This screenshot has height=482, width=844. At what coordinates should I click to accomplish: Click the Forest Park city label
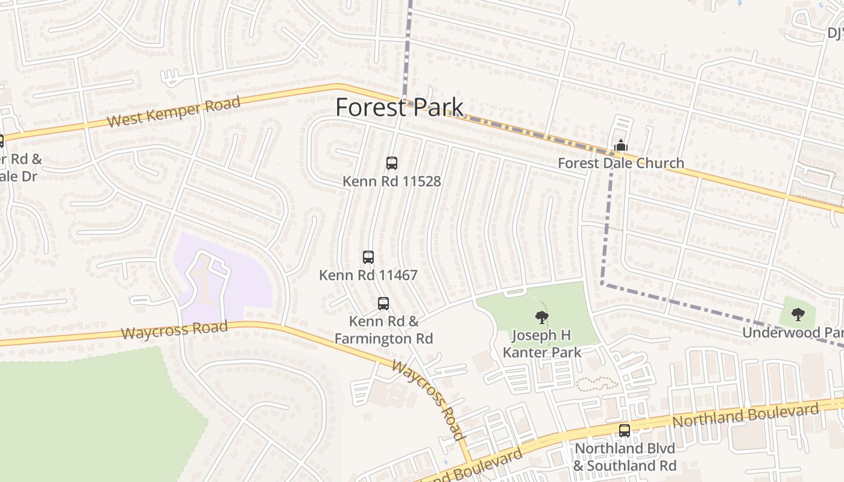(399, 108)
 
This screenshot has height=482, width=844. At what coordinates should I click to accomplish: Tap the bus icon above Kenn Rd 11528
(392, 163)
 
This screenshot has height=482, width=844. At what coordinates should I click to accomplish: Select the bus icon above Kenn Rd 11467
(368, 257)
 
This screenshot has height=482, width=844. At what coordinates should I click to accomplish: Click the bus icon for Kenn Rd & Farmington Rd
(383, 304)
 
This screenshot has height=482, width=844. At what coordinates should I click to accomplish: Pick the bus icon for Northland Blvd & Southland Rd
(625, 431)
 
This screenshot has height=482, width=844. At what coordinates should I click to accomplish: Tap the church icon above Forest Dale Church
(620, 145)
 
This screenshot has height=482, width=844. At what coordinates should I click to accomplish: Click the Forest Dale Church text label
(620, 163)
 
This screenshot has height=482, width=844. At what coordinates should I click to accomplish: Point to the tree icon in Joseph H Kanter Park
(541, 317)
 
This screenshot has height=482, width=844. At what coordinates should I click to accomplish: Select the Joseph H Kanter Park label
(542, 344)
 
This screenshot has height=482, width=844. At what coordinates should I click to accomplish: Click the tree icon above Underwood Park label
(798, 314)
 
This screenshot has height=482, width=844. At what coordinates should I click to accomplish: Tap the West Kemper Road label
(174, 112)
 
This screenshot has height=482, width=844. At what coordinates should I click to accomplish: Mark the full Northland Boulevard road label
(746, 416)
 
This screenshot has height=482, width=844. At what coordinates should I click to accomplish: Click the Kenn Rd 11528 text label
(392, 181)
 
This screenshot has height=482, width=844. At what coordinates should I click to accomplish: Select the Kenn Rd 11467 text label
(368, 275)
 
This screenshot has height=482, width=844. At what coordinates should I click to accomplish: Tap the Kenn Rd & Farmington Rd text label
(383, 330)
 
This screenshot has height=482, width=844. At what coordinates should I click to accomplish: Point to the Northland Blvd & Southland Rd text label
(625, 457)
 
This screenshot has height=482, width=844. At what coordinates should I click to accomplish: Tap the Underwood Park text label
(792, 333)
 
